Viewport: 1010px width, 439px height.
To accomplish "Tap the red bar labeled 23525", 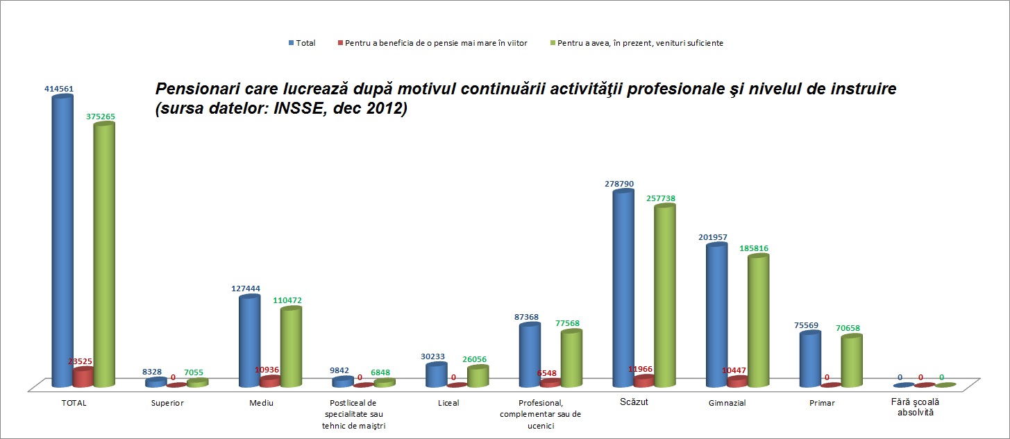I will pos(83,378).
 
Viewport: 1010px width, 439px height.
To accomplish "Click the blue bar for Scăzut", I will pos(623,288).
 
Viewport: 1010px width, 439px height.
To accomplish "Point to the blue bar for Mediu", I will pos(249,340).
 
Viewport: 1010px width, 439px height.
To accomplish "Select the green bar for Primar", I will pos(851,361).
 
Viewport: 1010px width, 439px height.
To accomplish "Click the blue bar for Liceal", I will pos(436,375).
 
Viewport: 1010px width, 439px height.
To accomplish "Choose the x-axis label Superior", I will pos(167,404).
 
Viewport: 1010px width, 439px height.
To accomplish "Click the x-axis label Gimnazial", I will pos(728,404).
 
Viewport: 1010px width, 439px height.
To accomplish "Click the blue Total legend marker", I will pos(292,43).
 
